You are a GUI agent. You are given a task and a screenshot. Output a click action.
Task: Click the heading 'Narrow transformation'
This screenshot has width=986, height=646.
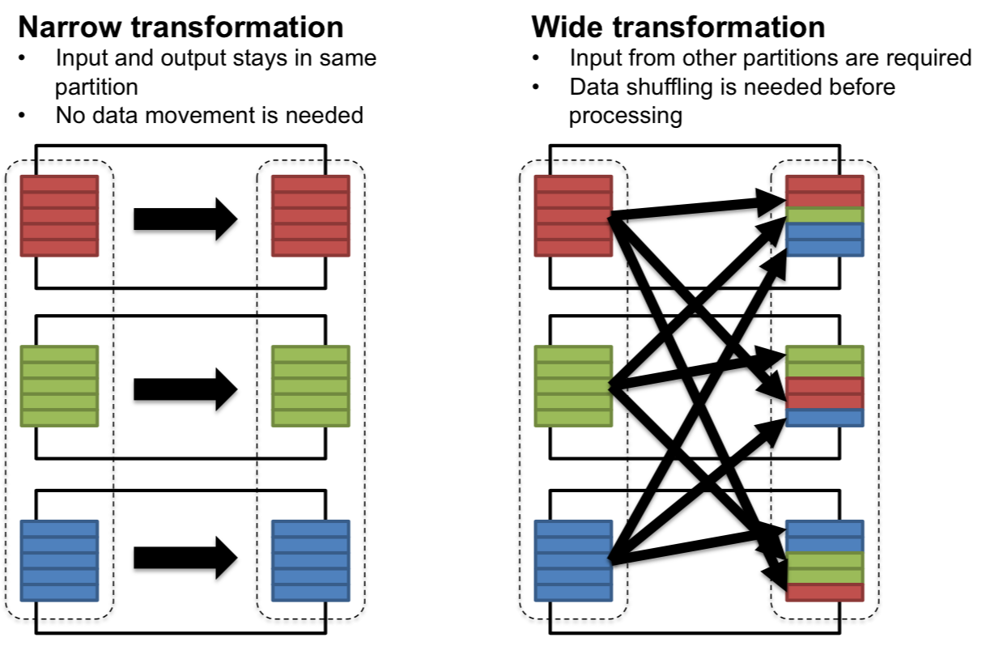(x=180, y=27)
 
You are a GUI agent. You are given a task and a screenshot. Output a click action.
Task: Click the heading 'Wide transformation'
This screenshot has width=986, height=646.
(x=678, y=27)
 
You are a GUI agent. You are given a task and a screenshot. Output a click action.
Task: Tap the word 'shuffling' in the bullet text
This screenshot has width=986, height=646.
(x=674, y=87)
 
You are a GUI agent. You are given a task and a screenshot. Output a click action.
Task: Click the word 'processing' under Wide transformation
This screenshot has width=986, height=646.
(x=625, y=115)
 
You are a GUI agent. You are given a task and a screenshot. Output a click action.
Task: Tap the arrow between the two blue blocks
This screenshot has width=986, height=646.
(x=185, y=558)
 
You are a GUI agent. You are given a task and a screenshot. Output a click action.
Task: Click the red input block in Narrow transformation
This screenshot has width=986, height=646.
(x=59, y=215)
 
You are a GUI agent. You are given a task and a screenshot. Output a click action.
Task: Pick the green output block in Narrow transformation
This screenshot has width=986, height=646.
(x=311, y=386)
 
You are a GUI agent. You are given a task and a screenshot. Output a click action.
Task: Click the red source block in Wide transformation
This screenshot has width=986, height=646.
(x=573, y=215)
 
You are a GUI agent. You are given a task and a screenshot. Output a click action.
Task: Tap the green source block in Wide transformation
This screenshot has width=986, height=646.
(x=573, y=386)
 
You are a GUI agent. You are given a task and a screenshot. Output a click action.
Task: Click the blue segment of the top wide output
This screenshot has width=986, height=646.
(x=826, y=239)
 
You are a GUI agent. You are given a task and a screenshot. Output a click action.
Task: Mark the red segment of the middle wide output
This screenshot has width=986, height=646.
(x=826, y=393)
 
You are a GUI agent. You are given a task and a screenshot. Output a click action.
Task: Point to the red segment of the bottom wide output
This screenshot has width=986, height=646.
(x=826, y=591)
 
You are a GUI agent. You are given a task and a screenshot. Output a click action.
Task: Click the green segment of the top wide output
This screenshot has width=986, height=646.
(x=826, y=215)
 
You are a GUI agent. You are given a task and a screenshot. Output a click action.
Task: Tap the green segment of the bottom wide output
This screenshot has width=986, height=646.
(x=826, y=567)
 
